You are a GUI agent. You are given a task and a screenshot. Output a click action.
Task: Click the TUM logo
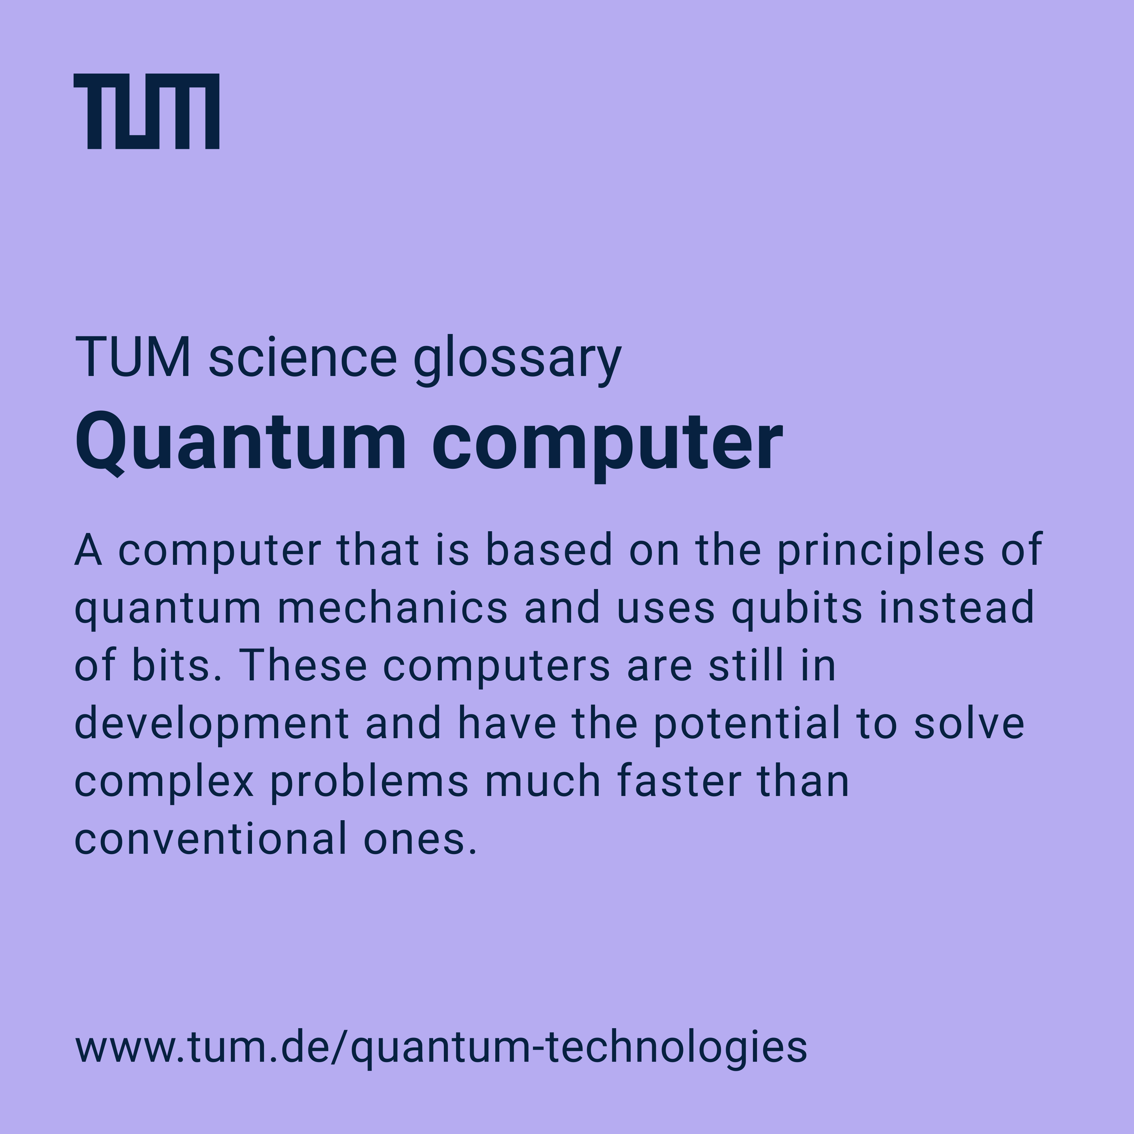(146, 111)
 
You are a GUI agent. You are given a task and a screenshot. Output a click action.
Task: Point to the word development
(212, 725)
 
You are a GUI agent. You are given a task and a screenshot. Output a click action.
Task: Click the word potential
(747, 725)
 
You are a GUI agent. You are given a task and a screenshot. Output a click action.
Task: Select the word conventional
(211, 838)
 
